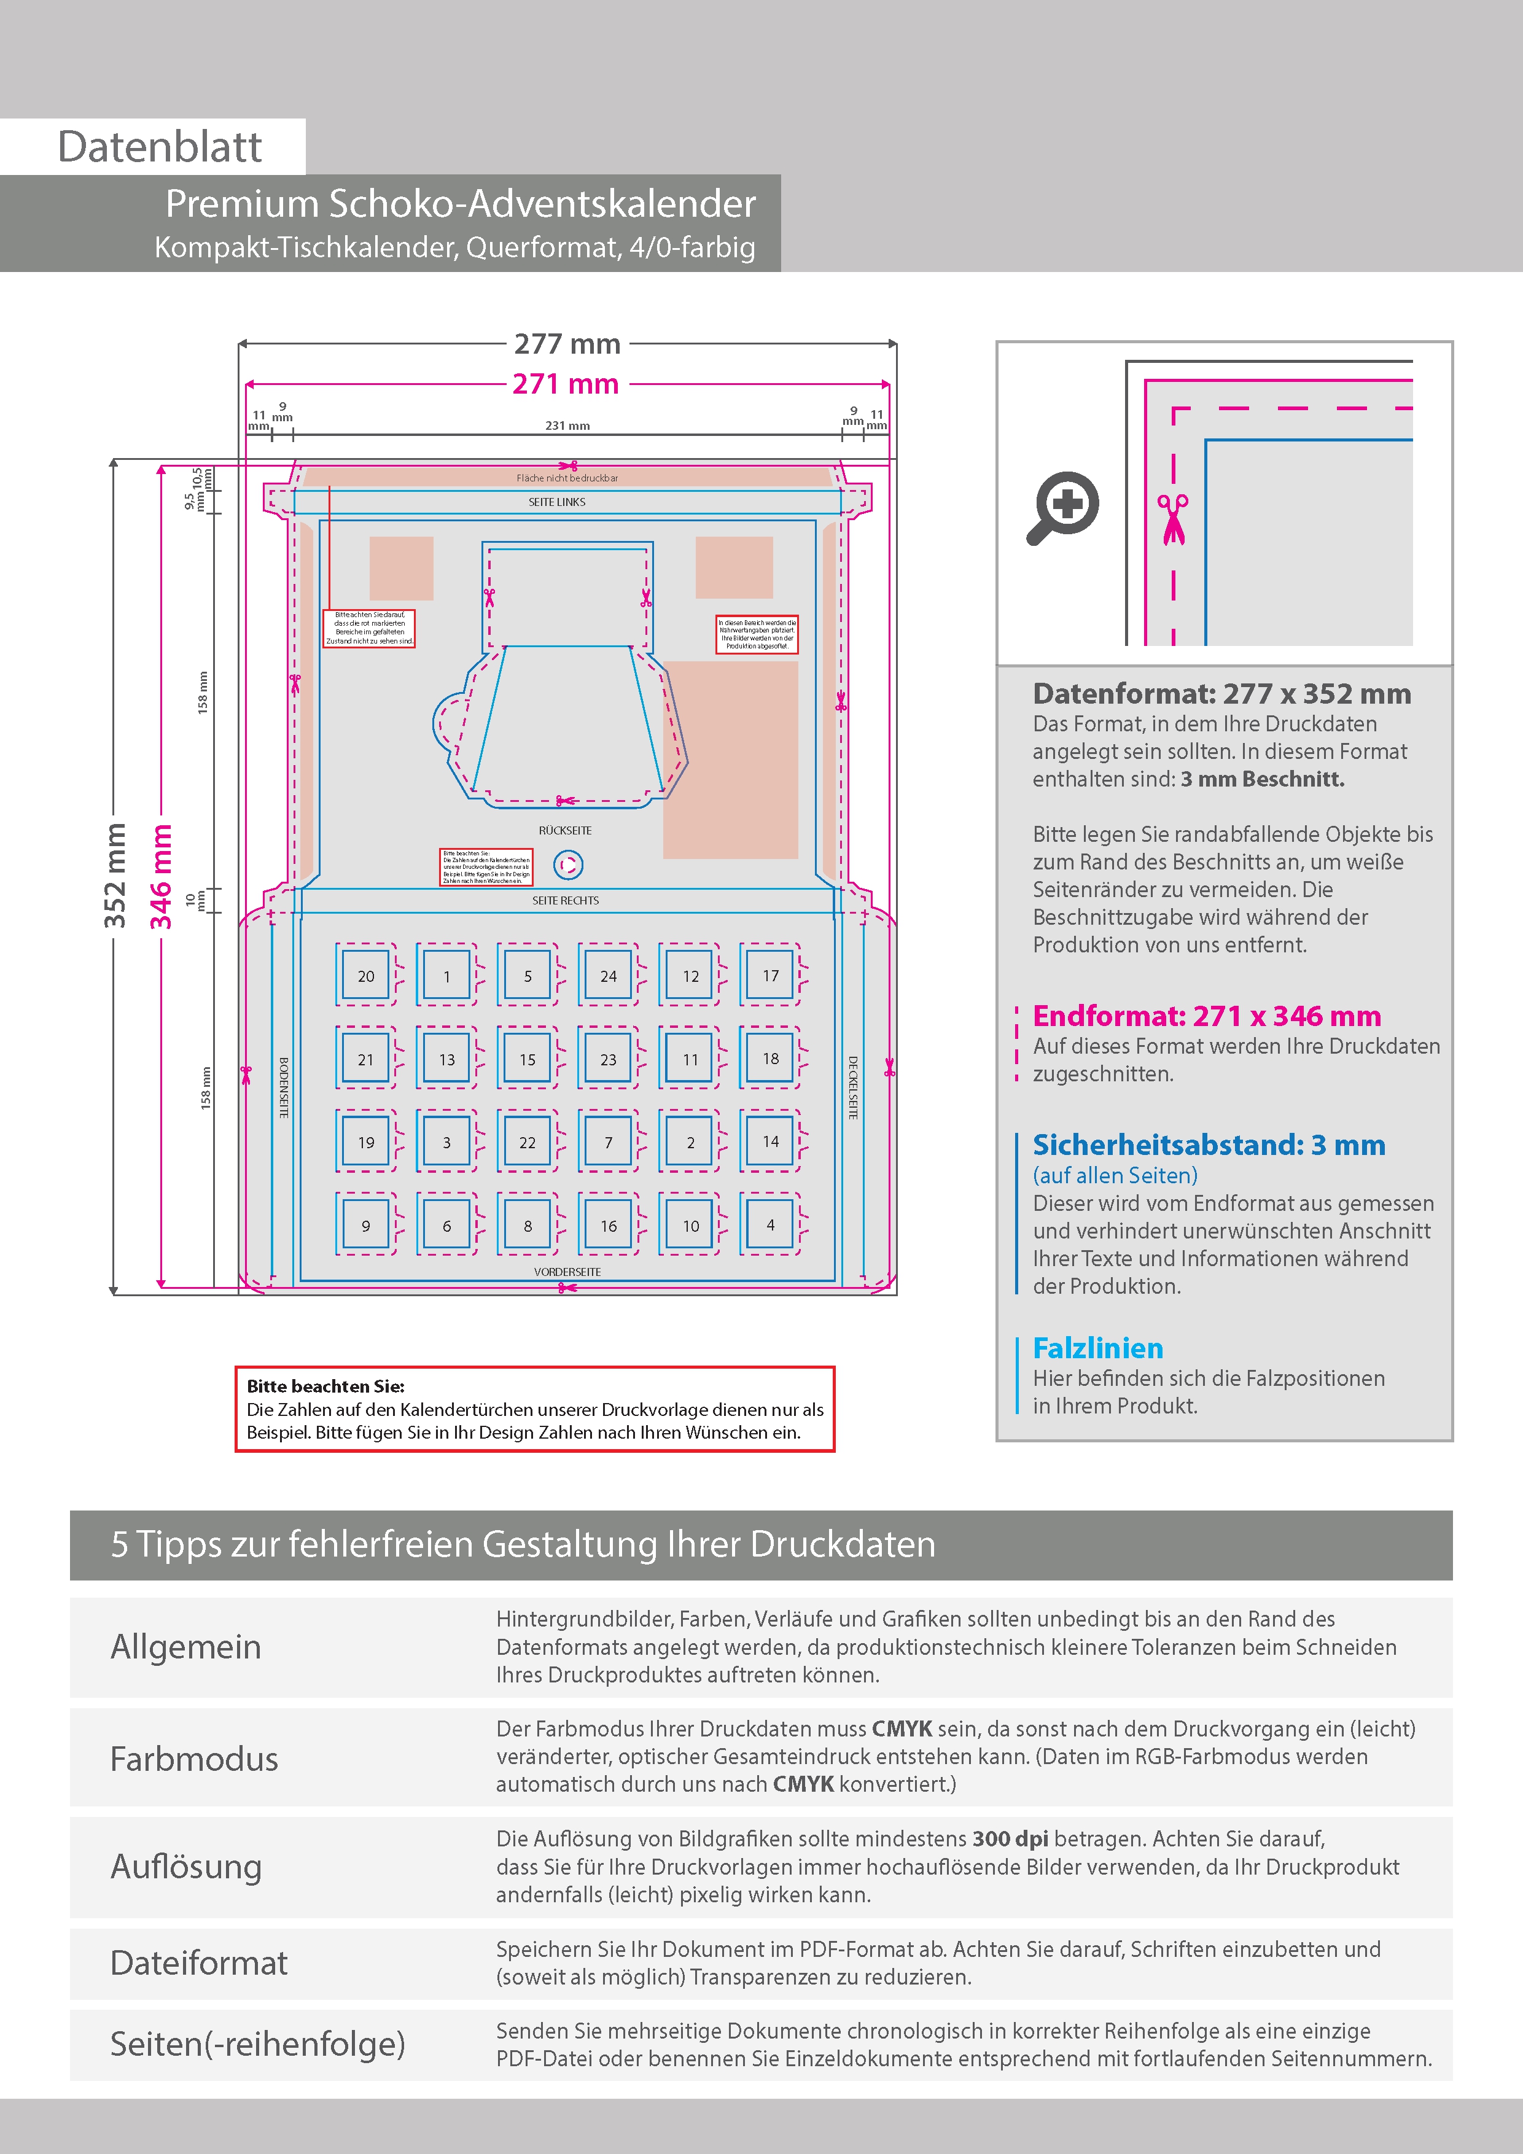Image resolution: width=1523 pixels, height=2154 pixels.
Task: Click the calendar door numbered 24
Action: pyautogui.click(x=608, y=976)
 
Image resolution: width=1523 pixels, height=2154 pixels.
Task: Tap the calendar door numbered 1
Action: pyautogui.click(x=446, y=976)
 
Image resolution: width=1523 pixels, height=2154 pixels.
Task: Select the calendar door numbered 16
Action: pyautogui.click(x=608, y=1225)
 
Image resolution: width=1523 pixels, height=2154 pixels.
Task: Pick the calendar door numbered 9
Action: pyautogui.click(x=366, y=1225)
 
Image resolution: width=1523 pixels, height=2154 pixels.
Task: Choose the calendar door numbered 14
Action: pyautogui.click(x=771, y=1141)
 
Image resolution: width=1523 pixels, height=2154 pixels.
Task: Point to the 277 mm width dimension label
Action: pyautogui.click(x=567, y=344)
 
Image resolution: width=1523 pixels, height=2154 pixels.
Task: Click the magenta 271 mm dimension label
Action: pyautogui.click(x=565, y=384)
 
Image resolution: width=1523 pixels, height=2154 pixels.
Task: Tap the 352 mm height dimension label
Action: pyautogui.click(x=114, y=876)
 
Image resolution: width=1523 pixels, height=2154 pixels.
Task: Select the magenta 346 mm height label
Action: pyautogui.click(x=162, y=876)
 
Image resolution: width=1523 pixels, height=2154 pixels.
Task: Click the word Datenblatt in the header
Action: pyautogui.click(x=160, y=146)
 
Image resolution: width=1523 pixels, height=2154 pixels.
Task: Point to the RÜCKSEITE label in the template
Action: pyautogui.click(x=565, y=830)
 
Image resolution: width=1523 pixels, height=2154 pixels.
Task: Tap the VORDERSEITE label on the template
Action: pyautogui.click(x=567, y=1271)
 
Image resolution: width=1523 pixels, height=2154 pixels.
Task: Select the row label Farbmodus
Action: pyautogui.click(x=194, y=1759)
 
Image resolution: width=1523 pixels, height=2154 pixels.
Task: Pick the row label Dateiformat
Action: pyautogui.click(x=199, y=1962)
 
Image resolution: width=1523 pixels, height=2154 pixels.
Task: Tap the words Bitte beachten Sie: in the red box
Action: pyautogui.click(x=325, y=1386)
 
